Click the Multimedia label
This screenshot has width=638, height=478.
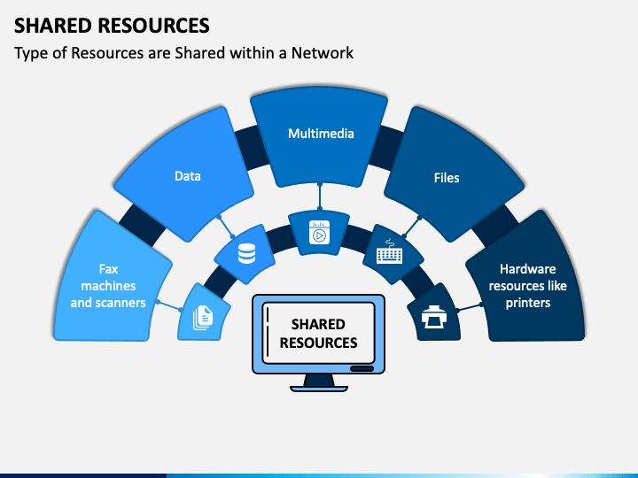321,134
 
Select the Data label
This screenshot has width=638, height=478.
188,176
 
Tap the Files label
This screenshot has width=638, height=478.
447,178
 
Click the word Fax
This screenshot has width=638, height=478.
108,269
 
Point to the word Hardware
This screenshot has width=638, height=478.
528,269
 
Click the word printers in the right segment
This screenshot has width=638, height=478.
528,303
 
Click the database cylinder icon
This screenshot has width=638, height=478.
246,254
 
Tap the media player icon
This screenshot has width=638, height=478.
319,233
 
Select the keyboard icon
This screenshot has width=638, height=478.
389,251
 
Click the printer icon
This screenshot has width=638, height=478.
434,317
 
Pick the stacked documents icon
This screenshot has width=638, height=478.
203,318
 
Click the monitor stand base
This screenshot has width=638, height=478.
319,389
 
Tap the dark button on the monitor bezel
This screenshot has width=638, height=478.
362,368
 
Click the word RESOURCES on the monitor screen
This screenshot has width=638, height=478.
319,343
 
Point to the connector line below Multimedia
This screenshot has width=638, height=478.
320,197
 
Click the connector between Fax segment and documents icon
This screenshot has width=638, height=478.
169,305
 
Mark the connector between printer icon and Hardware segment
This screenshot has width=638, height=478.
469,307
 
